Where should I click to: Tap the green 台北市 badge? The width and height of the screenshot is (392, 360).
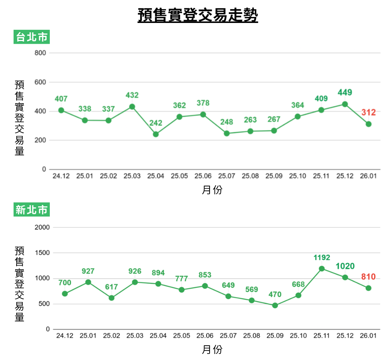coord(32,37)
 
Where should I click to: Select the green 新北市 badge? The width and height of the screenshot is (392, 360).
coord(32,209)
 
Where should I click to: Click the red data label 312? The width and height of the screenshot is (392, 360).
coord(368,112)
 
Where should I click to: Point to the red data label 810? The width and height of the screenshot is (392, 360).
coord(368,277)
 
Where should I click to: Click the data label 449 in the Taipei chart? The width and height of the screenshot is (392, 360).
coord(345,92)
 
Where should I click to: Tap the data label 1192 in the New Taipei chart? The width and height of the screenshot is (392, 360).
coord(322,258)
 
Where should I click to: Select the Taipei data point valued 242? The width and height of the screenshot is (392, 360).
coord(156,134)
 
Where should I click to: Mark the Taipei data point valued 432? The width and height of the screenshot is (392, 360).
coord(132,107)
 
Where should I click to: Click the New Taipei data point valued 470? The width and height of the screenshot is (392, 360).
coord(275,305)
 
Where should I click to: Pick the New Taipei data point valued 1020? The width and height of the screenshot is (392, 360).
coord(345,277)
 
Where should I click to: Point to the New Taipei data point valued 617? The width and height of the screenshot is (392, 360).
coord(112,298)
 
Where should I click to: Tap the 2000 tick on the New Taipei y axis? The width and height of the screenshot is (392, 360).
coord(42,227)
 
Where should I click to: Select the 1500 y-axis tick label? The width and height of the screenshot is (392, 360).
coord(42,253)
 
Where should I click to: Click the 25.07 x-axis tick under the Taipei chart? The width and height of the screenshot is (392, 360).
coord(227,176)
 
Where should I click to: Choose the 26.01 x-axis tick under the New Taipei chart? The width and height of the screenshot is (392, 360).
coord(368,336)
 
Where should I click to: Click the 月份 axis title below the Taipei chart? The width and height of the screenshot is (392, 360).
coord(212,190)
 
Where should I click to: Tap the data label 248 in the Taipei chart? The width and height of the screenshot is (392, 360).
coord(227,122)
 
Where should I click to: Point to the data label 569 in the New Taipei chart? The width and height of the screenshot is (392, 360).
coord(251,289)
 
